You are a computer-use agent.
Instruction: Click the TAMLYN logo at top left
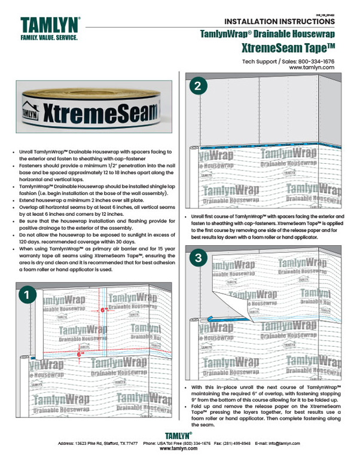pos(50,26)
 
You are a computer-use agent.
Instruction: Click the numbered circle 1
pos(27,295)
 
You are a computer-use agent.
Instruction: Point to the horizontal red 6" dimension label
pos(78,354)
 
